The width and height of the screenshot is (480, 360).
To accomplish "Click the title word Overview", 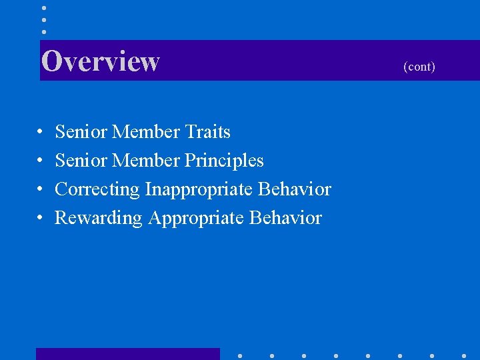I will (x=100, y=61).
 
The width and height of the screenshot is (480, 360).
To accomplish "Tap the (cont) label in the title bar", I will (x=419, y=67).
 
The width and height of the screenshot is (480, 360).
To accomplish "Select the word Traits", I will (x=207, y=132).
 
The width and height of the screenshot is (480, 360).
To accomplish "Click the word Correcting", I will (x=97, y=189).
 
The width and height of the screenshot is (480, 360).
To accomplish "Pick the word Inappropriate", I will (x=198, y=189).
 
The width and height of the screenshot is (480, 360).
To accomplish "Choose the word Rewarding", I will (x=98, y=218).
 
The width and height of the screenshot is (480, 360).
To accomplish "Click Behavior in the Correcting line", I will (x=294, y=189).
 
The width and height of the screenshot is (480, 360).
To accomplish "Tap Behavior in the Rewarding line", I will (x=285, y=218).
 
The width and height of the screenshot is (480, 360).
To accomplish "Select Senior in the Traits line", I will (x=81, y=132).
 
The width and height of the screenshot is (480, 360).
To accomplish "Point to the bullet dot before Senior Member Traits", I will (x=41, y=133).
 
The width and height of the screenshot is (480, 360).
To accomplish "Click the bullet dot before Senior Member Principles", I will (x=41, y=161).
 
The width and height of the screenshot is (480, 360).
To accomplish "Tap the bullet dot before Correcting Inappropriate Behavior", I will (x=41, y=190).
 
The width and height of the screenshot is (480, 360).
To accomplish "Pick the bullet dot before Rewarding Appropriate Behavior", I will (x=41, y=219).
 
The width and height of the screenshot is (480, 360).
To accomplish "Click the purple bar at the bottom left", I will (x=127, y=354).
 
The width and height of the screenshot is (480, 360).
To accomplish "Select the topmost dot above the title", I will (x=44, y=8).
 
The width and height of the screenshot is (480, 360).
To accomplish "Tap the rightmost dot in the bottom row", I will (x=463, y=355).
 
